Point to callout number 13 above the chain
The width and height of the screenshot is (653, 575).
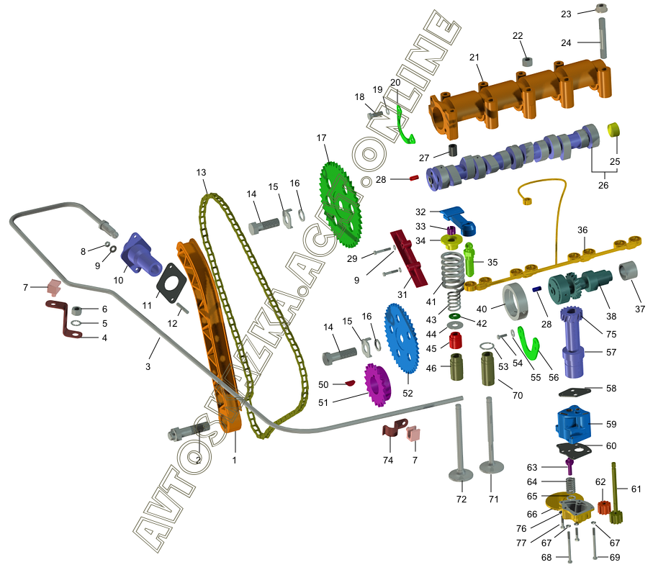click(201, 173)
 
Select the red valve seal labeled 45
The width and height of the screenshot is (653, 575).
click(455, 338)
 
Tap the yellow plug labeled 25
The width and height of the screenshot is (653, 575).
click(615, 130)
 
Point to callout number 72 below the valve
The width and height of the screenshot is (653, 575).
click(461, 499)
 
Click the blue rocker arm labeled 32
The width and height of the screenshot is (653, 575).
click(461, 219)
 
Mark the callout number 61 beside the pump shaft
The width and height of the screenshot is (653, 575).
click(635, 489)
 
